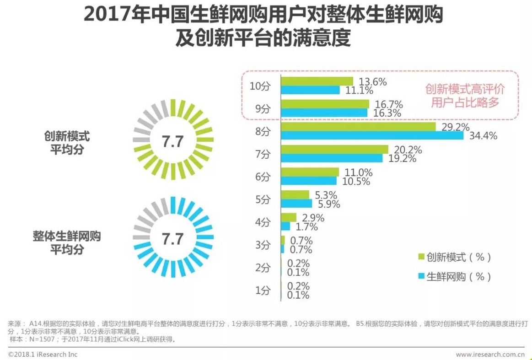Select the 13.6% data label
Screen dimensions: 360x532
coord(372,82)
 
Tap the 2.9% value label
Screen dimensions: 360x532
coord(312,218)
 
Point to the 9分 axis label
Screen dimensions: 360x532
coord(263,108)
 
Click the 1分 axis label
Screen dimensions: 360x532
coord(263,290)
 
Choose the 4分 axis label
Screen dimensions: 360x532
coord(263,222)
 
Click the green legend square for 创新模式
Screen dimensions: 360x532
coord(421,257)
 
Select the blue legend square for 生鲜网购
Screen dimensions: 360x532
coord(421,277)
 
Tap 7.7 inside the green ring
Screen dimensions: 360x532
coord(172,141)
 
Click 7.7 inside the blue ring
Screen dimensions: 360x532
coord(172,239)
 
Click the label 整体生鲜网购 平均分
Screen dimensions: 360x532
coord(67,243)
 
